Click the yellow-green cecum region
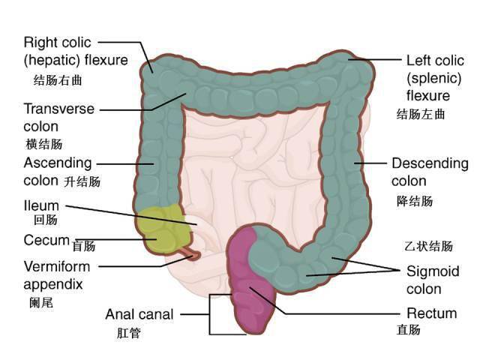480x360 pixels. pyautogui.click(x=160, y=228)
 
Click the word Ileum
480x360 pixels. pyautogui.click(x=41, y=205)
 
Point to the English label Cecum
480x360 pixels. pyautogui.click(x=46, y=240)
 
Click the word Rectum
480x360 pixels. pyautogui.click(x=432, y=313)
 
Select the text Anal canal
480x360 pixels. pyautogui.click(x=139, y=314)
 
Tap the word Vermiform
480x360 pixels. pyautogui.click(x=57, y=267)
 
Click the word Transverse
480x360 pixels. pyautogui.click(x=59, y=109)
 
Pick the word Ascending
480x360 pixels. pyautogui.click(x=58, y=163)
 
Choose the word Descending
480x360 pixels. pyautogui.click(x=430, y=163)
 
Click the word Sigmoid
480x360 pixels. pyautogui.click(x=433, y=271)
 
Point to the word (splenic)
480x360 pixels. pyautogui.click(x=433, y=78)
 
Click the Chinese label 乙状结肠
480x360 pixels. pyautogui.click(x=428, y=246)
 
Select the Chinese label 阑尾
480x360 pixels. pyautogui.click(x=41, y=303)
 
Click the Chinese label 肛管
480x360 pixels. pyautogui.click(x=128, y=333)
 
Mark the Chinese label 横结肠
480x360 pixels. pyautogui.click(x=44, y=144)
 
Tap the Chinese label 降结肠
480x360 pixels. pyautogui.click(x=415, y=201)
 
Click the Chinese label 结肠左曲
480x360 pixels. pyautogui.click(x=421, y=114)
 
